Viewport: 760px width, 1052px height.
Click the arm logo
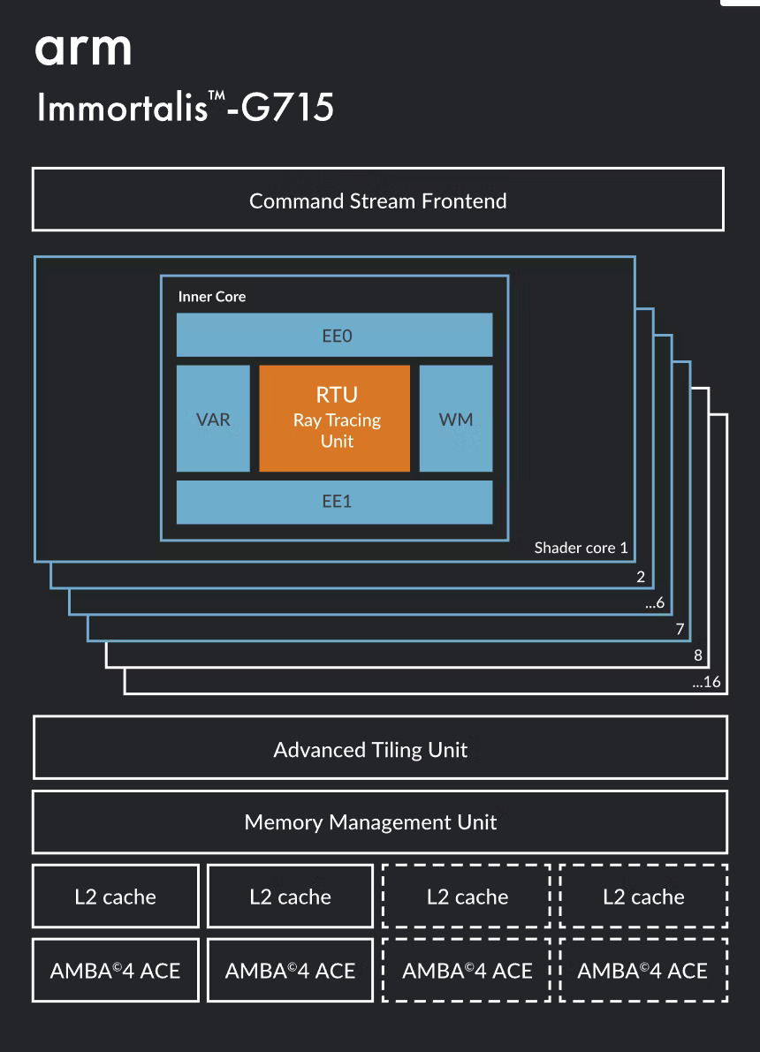point(83,49)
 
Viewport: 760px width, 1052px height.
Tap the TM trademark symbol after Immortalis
point(217,95)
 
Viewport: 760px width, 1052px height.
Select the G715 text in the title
point(287,108)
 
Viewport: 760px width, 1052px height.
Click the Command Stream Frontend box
point(378,200)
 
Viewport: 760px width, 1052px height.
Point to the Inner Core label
point(212,297)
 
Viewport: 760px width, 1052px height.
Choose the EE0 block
point(334,335)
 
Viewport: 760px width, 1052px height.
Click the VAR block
point(213,419)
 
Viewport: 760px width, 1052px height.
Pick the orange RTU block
point(334,419)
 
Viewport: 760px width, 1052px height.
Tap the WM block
point(456,419)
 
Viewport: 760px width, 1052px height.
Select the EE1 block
point(334,502)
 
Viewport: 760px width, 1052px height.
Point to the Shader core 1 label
point(581,548)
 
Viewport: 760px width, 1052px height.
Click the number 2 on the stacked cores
point(641,577)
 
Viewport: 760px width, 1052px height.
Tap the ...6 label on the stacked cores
point(655,603)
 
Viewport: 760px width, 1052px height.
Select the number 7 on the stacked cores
point(680,629)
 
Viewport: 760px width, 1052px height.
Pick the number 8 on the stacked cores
point(698,655)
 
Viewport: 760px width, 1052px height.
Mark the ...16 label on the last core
point(707,682)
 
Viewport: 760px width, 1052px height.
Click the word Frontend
point(464,201)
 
